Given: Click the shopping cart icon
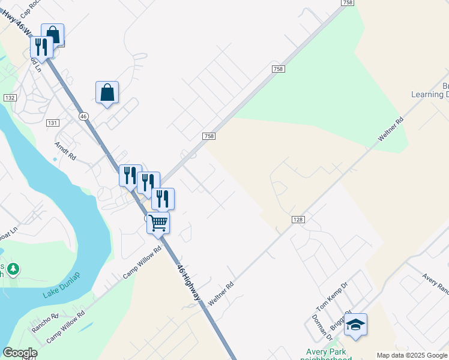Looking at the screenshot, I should (158, 223).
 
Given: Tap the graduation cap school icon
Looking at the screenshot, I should (355, 325).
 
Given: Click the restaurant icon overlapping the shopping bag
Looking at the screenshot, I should (41, 47).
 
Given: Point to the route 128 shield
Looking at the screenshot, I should (297, 220).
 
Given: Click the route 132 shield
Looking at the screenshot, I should (10, 97).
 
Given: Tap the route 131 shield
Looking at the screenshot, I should (53, 122).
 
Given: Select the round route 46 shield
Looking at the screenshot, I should (83, 116).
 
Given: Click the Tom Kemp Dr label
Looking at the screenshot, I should (332, 296).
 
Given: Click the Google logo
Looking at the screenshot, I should (20, 353).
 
